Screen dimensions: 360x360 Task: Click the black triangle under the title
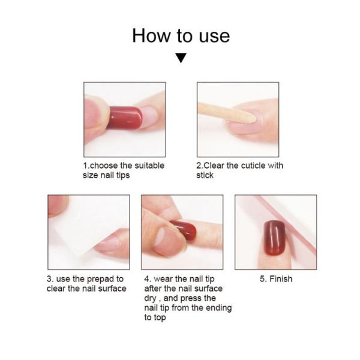(x=181, y=58)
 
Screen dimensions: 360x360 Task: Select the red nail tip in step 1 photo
(x=124, y=118)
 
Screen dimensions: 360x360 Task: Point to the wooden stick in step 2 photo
(x=226, y=112)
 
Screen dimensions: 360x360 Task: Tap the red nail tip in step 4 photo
(x=183, y=230)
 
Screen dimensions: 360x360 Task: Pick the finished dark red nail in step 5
(x=274, y=238)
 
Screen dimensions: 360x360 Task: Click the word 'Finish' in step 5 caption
(x=281, y=279)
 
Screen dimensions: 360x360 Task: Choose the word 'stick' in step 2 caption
(x=205, y=175)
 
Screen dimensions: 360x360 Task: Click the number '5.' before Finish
(x=263, y=279)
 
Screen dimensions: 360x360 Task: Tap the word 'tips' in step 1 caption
(x=123, y=175)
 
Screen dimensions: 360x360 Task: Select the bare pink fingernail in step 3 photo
(x=107, y=244)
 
